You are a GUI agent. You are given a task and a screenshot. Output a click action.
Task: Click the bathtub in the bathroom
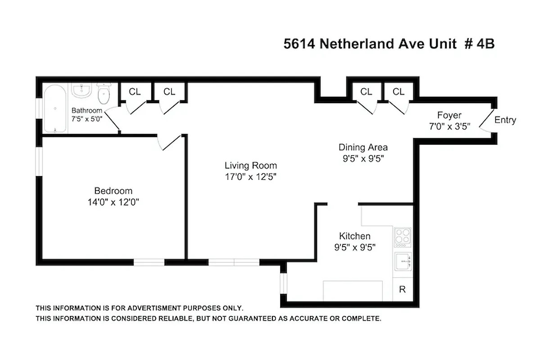coord(55,109)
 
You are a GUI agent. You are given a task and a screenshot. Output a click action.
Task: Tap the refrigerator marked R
coord(403,289)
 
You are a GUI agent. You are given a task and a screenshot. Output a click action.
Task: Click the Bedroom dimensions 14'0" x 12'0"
coord(113,202)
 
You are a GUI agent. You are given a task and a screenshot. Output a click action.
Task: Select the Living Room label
coord(251,165)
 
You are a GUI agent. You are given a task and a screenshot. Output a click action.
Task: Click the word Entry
coord(505,120)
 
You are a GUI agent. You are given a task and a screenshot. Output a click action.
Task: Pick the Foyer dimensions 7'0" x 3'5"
coord(450,126)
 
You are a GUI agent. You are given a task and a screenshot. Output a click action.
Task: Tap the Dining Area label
coord(363,147)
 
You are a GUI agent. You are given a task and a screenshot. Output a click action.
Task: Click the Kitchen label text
coord(355,236)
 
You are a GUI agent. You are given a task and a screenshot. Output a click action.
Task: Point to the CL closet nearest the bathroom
coord(135,92)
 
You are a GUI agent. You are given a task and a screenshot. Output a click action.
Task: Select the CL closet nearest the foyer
coord(398,92)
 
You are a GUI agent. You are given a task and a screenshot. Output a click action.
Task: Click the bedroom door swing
coord(170,143)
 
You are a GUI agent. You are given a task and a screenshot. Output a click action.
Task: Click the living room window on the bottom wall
coord(234,262)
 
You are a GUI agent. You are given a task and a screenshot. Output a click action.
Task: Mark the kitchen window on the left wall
coord(283,284)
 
